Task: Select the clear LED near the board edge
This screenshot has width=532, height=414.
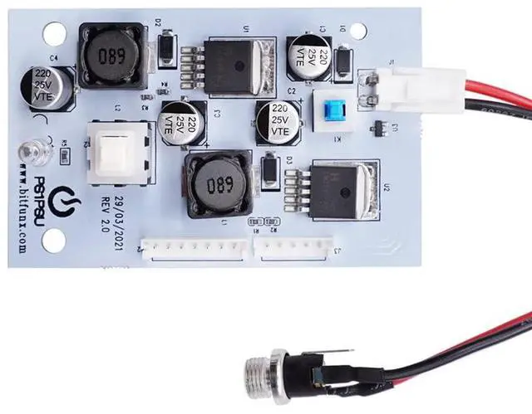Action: [33, 151]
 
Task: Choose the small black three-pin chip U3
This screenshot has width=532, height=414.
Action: [379, 129]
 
